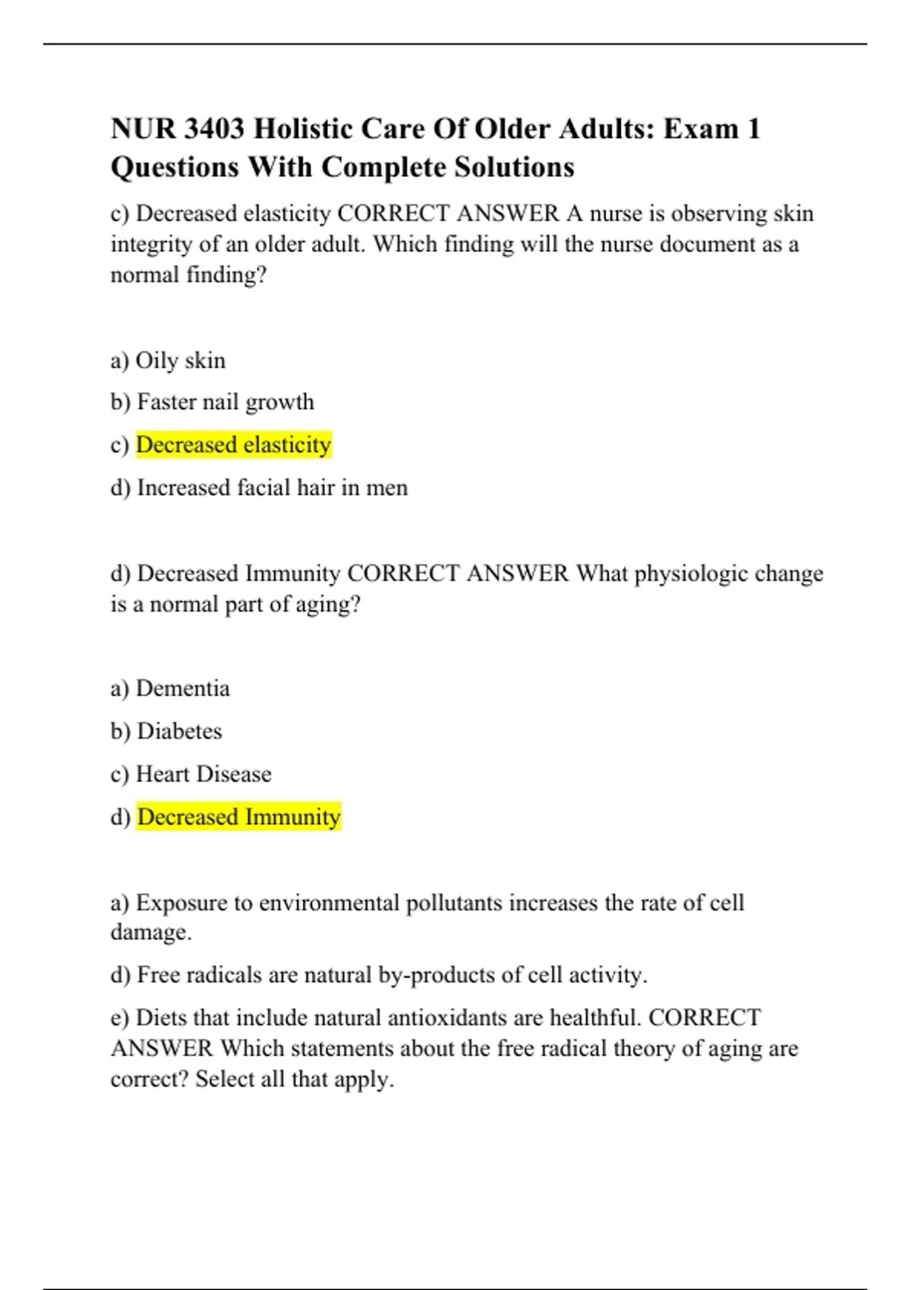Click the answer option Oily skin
(180, 360)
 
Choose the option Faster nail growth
(225, 402)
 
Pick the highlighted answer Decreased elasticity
(234, 445)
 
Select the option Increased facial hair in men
(272, 487)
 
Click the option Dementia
(182, 688)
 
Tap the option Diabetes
(179, 731)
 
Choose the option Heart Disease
(203, 774)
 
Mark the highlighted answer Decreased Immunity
(238, 817)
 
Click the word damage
(150, 932)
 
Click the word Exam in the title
(701, 129)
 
